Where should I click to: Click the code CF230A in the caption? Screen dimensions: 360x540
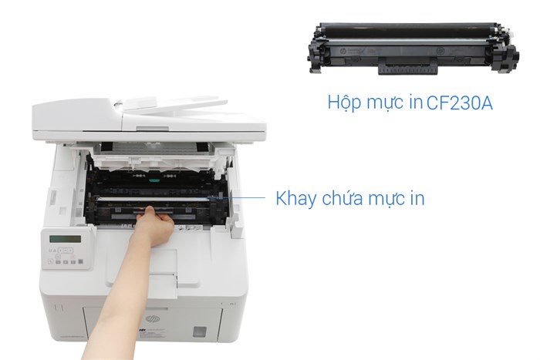pos(459,103)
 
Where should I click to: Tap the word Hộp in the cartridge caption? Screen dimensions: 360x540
pos(344,103)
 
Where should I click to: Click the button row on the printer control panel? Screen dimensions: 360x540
pos(68,261)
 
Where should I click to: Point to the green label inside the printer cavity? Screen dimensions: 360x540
pos(155,174)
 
